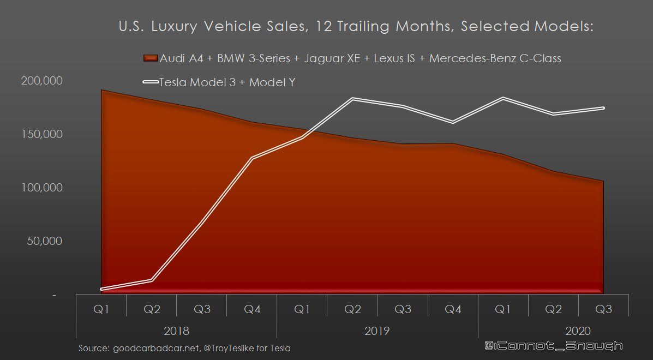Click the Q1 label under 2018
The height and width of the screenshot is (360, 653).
101,309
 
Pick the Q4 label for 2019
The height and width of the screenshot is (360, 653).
453,309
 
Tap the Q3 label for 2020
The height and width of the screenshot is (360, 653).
603,309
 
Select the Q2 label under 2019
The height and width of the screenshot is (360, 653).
352,309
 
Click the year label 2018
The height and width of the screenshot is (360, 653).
176,331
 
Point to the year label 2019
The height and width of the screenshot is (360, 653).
377,331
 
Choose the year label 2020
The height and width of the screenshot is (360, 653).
578,331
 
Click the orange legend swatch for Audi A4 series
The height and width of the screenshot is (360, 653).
150,58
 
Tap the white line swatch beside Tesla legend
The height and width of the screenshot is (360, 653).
150,82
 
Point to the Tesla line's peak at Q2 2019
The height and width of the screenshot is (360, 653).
352,99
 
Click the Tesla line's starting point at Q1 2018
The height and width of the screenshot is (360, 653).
102,289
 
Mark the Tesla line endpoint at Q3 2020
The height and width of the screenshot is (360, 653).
603,108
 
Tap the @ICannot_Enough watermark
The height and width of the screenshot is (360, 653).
553,346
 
